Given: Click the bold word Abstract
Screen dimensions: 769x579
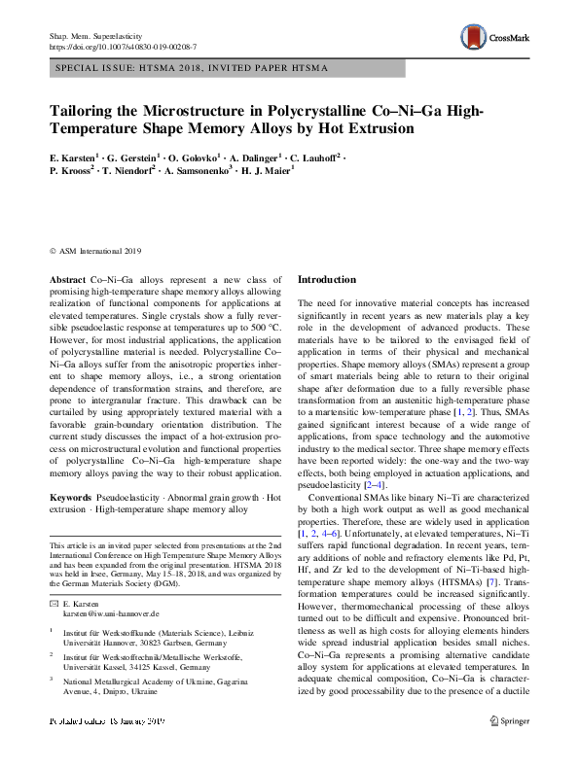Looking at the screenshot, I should point(67,279).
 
